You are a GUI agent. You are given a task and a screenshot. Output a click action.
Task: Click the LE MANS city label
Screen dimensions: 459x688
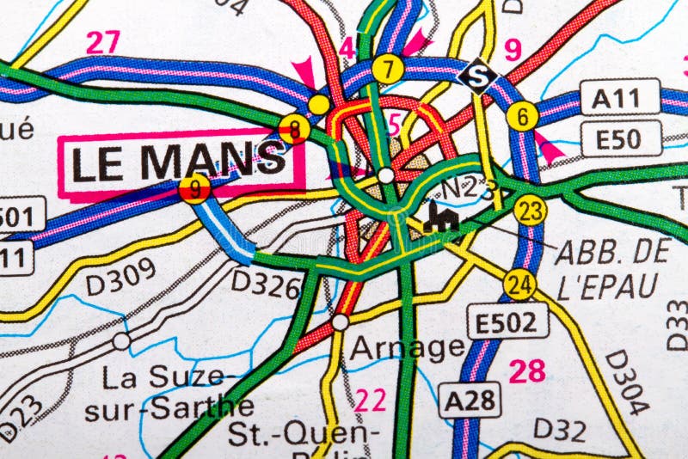tap(179, 162)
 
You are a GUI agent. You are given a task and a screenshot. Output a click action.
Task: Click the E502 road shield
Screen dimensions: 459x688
tap(507, 322)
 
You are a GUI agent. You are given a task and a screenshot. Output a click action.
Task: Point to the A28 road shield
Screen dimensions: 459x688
tap(470, 399)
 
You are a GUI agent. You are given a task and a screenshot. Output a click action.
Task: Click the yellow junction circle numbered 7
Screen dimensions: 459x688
tap(389, 69)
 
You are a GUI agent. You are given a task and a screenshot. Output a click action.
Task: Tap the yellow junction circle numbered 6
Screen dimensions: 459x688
tap(522, 116)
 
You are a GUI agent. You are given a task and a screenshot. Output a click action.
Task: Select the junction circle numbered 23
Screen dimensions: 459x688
tap(531, 210)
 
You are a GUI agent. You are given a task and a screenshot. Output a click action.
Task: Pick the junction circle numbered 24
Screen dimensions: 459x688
tap(519, 284)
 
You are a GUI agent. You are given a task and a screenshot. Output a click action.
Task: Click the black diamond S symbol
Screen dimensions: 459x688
tap(476, 76)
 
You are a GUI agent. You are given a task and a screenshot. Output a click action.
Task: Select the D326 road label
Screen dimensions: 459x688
tap(266, 283)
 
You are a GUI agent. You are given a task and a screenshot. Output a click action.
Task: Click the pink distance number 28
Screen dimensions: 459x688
tap(526, 371)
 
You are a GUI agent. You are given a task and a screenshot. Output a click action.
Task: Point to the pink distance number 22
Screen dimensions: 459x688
tap(371, 400)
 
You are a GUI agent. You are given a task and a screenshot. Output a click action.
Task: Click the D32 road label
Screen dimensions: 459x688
tap(559, 429)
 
